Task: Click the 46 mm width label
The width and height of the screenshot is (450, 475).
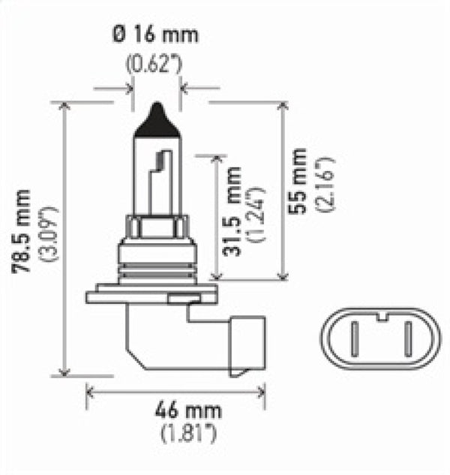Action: (177, 410)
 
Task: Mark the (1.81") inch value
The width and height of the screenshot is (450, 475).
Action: (177, 433)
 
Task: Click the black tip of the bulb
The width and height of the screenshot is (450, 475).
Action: (156, 119)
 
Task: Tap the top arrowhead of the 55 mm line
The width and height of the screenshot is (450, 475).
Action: (284, 106)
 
